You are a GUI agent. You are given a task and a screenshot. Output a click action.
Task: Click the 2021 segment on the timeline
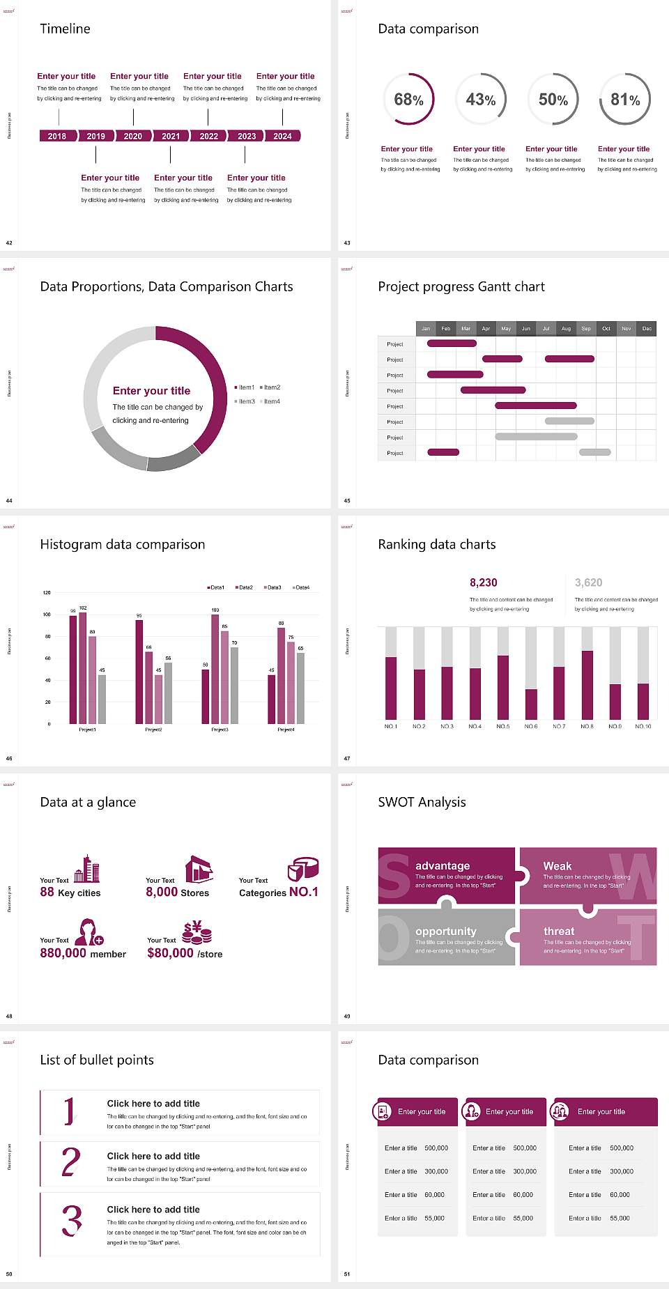[171, 137]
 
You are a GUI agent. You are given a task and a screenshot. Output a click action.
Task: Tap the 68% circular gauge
[408, 100]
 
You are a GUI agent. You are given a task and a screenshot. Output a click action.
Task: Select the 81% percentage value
[625, 100]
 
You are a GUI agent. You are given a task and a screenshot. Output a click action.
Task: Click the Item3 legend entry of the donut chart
[245, 402]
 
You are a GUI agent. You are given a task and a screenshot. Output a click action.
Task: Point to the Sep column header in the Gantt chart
[586, 328]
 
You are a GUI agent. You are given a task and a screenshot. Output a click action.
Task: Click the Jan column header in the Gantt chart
[426, 328]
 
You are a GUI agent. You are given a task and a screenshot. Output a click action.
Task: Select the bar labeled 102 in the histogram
[83, 665]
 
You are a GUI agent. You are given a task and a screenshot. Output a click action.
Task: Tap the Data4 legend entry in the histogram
[302, 587]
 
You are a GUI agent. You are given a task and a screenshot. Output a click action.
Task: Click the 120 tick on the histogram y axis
[47, 593]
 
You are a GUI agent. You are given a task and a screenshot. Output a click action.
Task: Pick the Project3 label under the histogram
[220, 730]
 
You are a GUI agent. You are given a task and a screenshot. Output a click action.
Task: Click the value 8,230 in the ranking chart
[484, 582]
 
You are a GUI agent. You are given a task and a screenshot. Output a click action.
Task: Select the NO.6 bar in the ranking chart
[531, 704]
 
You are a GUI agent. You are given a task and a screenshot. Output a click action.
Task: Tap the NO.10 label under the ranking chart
[643, 727]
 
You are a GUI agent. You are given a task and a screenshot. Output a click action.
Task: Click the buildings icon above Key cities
[87, 870]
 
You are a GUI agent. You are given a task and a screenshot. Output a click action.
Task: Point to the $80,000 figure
[170, 953]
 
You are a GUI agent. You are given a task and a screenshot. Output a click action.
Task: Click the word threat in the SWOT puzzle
[559, 932]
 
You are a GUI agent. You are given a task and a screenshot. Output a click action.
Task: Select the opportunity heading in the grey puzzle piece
[446, 932]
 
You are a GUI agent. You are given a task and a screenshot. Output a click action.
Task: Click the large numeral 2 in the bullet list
[70, 1162]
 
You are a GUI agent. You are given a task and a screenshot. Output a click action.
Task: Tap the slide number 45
[347, 501]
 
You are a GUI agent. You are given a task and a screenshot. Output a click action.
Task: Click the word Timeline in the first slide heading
[65, 29]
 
